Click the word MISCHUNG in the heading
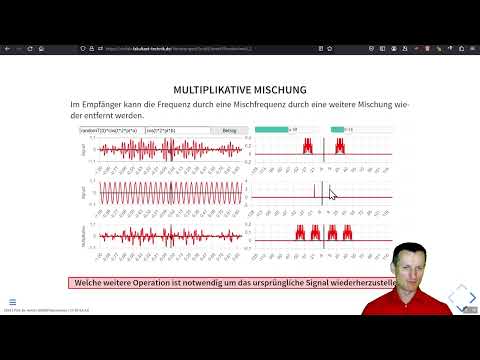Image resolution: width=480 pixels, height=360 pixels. pos(278,90)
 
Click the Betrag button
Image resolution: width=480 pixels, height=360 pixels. pos(229,130)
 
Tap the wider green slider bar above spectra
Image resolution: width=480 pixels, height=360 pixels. pos(272,130)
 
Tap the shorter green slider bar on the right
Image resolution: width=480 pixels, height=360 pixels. pos(336,130)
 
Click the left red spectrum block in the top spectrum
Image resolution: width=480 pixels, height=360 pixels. pos(308,146)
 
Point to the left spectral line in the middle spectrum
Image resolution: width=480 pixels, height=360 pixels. pos(314,190)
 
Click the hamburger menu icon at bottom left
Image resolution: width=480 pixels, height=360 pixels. pos(12,301)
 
